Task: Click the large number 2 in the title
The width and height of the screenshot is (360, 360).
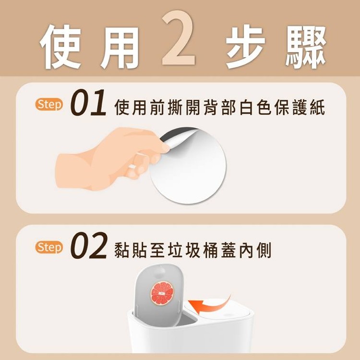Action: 179,38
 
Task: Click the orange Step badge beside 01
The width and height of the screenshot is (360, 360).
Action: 49,105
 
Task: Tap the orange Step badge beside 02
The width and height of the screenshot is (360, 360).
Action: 49,247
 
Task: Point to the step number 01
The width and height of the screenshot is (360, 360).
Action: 88,102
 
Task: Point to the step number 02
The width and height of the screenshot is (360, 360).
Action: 89,245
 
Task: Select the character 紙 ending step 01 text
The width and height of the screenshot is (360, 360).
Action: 317,107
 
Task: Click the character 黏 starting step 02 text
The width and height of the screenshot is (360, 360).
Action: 122,250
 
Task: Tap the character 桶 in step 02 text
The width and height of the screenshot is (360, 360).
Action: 211,250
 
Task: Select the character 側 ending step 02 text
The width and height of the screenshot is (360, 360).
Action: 264,250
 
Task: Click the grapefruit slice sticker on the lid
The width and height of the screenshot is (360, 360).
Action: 162,294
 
